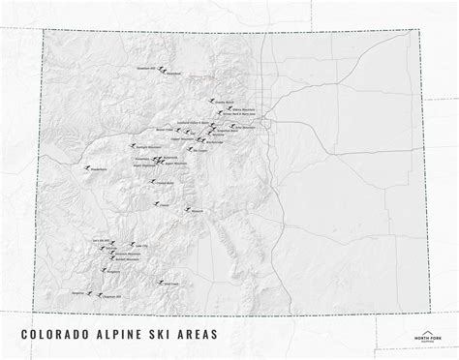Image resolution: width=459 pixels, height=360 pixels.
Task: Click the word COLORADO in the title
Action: pyautogui.click(x=57, y=335)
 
